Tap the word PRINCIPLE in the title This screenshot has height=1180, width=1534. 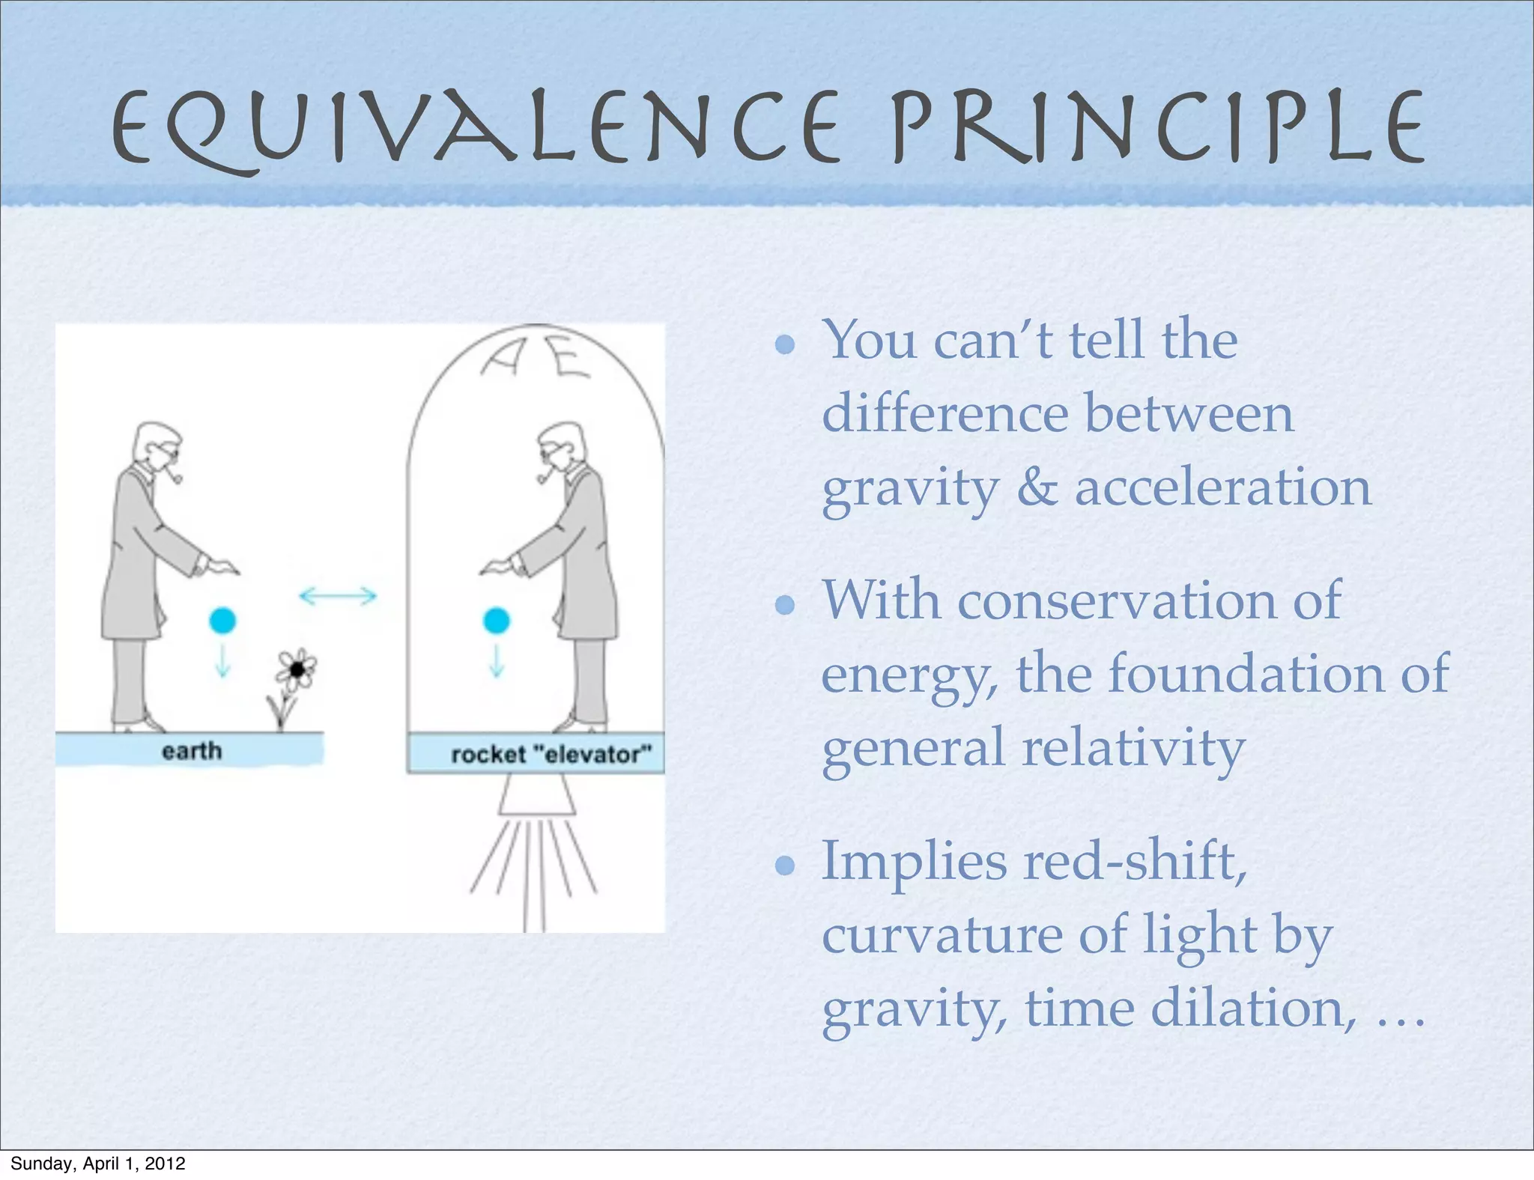tap(1157, 127)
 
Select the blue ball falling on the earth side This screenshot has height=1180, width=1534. tap(222, 621)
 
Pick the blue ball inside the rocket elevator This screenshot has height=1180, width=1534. tap(497, 621)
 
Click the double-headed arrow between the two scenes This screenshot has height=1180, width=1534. tap(338, 596)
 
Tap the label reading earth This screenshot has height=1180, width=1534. tap(192, 751)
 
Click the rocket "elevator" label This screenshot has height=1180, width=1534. tap(551, 754)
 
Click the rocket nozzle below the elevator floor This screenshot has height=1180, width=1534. tap(537, 795)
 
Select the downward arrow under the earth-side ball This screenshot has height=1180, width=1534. tap(222, 660)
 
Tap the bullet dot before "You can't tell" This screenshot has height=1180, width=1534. tap(785, 345)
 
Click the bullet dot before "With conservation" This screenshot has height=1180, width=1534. tap(785, 605)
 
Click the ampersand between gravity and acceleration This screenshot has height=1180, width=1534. tap(1037, 487)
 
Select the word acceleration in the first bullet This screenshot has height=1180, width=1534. tap(1222, 487)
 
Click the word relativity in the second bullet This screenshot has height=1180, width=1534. tap(1133, 748)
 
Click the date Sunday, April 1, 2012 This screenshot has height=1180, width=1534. tap(97, 1164)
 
